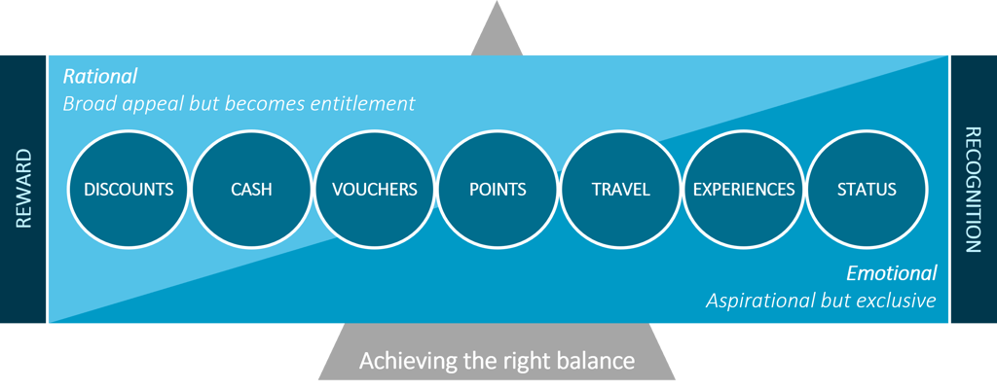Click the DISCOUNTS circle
click(x=129, y=189)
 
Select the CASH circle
click(x=251, y=189)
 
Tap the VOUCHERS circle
click(x=375, y=189)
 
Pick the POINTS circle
click(x=498, y=189)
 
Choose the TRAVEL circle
click(x=620, y=189)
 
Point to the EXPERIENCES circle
click(x=744, y=189)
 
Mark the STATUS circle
click(x=867, y=189)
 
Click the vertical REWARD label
click(x=24, y=189)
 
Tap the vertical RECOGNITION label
click(x=972, y=190)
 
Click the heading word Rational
click(x=100, y=76)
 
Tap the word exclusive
click(x=896, y=301)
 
